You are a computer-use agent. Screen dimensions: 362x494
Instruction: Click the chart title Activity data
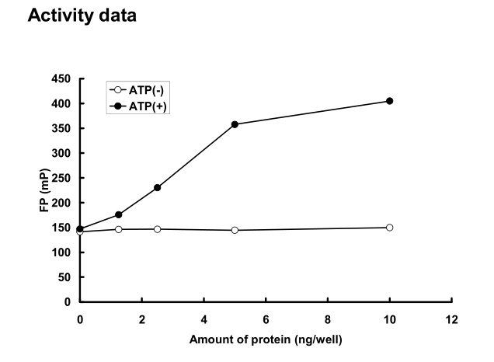[82, 16]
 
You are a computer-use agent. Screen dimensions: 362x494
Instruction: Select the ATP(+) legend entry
[139, 104]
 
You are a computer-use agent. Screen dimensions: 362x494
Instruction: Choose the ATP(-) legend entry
[140, 89]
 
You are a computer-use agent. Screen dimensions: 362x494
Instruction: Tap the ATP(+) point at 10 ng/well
[389, 101]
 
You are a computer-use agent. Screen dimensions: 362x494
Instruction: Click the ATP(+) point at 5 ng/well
[235, 124]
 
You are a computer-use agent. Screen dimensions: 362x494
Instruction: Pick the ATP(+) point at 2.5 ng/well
[157, 188]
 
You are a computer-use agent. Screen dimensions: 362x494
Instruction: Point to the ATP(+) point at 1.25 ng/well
[119, 214]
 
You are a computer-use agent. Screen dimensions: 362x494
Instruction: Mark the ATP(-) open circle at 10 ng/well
[389, 228]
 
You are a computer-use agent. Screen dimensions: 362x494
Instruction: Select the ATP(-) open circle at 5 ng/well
[235, 230]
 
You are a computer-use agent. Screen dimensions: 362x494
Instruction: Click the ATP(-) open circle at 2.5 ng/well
[157, 229]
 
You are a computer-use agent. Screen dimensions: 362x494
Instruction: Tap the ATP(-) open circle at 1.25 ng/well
[119, 229]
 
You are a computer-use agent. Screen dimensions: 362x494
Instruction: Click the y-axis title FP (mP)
[44, 190]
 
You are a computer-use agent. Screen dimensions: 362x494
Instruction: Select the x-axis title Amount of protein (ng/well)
[265, 339]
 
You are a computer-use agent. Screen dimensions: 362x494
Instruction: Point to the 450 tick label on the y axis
[62, 78]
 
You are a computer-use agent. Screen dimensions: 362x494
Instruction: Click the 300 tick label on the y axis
[62, 153]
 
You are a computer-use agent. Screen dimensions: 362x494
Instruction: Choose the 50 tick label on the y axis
[65, 277]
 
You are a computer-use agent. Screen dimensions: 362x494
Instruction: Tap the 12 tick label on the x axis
[451, 318]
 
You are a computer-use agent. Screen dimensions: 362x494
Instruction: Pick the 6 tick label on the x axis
[266, 318]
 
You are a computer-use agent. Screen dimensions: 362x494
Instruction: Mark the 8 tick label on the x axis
[328, 318]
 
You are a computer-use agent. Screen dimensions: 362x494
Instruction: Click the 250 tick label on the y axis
[62, 178]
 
